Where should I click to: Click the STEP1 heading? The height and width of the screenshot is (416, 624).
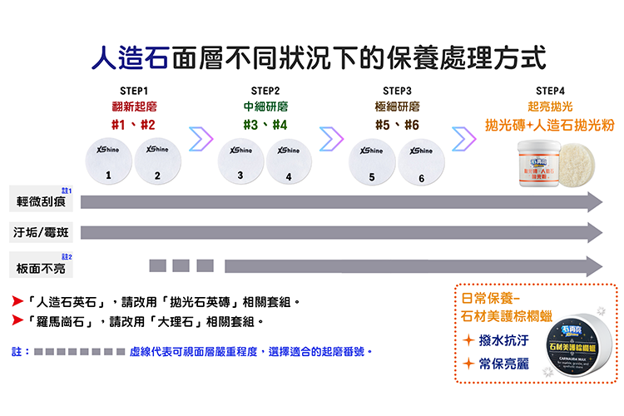[x=133, y=91]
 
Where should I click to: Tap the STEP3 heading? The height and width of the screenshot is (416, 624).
[x=398, y=91]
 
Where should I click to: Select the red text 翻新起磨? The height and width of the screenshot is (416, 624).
[x=134, y=107]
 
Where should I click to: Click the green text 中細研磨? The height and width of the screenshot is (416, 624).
[x=265, y=107]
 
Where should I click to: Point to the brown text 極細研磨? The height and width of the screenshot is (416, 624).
[x=398, y=107]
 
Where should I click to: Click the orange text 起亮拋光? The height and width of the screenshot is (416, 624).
[x=550, y=107]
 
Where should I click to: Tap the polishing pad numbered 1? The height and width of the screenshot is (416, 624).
[x=110, y=161]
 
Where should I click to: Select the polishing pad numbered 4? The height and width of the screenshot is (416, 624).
[x=289, y=161]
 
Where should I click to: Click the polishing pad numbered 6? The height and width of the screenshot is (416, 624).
[x=421, y=161]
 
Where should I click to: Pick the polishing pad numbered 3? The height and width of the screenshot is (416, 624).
[x=241, y=161]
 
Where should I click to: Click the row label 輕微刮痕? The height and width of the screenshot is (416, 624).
[x=40, y=202]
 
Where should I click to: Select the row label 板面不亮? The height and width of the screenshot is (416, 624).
[x=40, y=267]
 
